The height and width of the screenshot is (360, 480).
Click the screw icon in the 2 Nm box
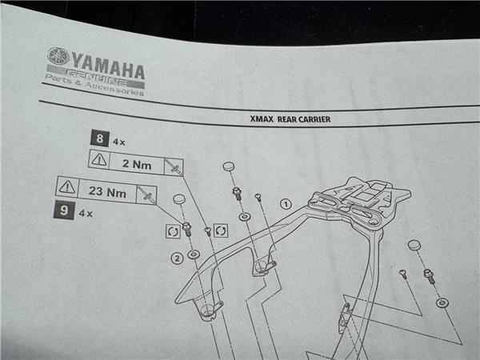point(171,167)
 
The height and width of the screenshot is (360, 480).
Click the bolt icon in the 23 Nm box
point(145,194)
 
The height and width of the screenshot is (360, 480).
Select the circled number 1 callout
point(285,204)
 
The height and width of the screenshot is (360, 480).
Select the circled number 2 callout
point(176,258)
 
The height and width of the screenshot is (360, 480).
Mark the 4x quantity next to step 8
point(120,142)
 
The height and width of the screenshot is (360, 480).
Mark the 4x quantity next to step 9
point(86,214)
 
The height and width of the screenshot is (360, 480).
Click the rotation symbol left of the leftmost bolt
point(171,231)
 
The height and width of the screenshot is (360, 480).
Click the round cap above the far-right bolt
point(414,244)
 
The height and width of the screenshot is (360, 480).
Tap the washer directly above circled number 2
point(194,254)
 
